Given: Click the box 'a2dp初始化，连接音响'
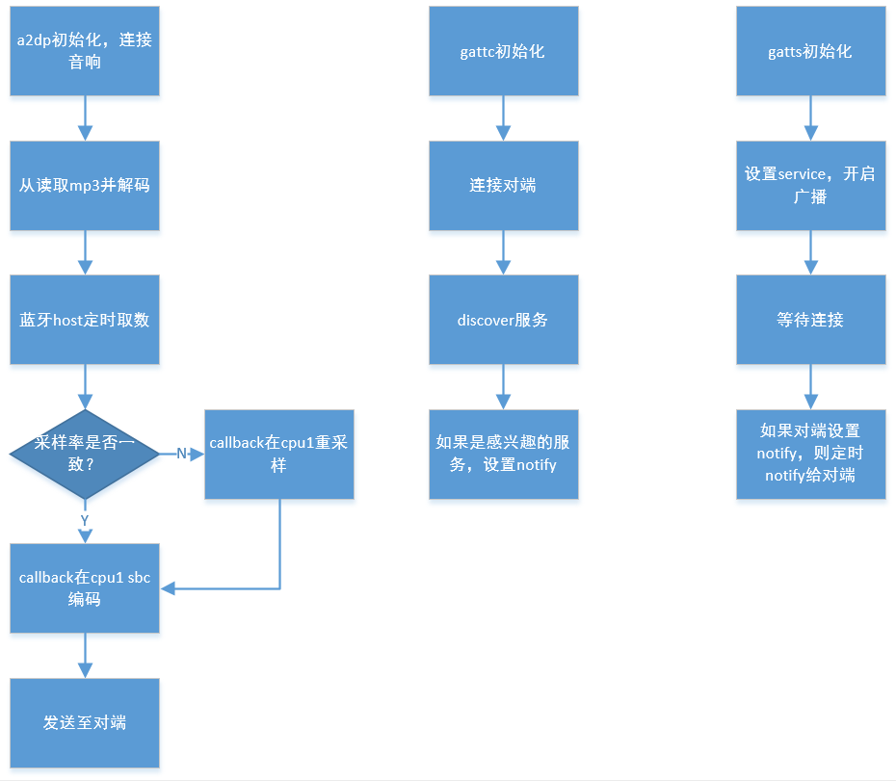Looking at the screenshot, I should click(x=85, y=51).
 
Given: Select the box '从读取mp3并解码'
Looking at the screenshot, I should click(x=85, y=186).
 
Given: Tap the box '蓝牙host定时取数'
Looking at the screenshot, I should click(x=85, y=320).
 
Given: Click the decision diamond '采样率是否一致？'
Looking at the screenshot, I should click(x=85, y=454).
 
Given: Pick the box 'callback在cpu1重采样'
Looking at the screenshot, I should click(x=279, y=454).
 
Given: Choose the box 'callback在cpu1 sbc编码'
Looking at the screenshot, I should click(x=85, y=587).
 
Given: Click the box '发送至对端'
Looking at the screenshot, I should click(x=85, y=722).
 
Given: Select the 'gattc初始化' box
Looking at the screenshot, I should click(x=503, y=51).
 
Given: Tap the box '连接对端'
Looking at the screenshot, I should click(x=503, y=186).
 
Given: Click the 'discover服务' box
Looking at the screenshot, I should click(x=503, y=320).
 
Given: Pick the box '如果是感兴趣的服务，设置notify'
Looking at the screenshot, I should click(x=503, y=454).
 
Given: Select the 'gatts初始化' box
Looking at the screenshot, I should click(x=810, y=51).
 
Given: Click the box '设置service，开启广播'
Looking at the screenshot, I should click(x=810, y=186).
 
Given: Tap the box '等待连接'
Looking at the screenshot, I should click(x=810, y=320).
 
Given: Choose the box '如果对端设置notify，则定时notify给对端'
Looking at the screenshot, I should click(x=810, y=454).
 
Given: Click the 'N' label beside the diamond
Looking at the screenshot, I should click(x=181, y=454).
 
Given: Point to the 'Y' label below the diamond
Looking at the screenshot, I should click(x=85, y=519).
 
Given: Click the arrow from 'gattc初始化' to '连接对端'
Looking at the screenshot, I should click(x=503, y=118).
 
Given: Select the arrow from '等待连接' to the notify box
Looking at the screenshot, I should click(x=810, y=387).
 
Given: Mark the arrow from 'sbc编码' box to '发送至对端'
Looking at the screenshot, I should click(x=85, y=655).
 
